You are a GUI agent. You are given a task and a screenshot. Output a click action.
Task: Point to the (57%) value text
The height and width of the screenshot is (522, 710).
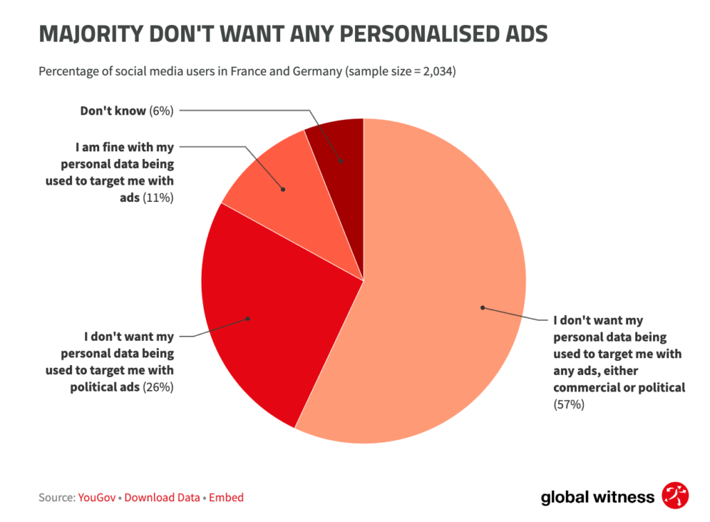point(569,404)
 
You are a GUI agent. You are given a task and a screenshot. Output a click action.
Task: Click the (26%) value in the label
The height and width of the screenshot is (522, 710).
point(158,387)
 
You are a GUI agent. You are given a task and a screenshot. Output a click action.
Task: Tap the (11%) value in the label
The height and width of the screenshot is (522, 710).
point(158,198)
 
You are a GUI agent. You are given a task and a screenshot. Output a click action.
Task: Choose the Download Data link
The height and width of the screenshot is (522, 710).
point(162,497)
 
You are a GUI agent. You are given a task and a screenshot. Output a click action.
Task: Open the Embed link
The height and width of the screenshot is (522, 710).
point(226,497)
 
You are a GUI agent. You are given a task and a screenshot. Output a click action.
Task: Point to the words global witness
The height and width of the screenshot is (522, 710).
point(597,497)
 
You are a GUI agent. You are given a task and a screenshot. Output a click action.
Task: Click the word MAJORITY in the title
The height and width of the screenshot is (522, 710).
point(91,35)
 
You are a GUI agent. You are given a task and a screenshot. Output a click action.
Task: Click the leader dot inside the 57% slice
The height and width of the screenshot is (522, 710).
point(483,307)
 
